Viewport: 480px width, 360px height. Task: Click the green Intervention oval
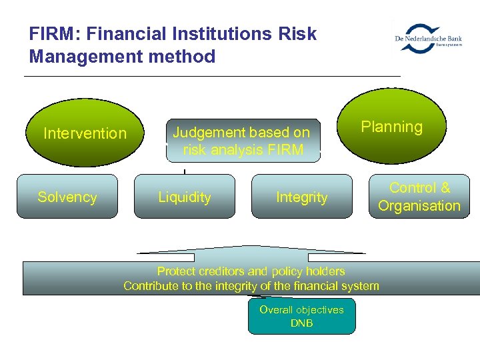(x=85, y=133)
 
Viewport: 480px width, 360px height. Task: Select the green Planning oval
(x=392, y=127)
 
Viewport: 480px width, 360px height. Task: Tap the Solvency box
(x=67, y=197)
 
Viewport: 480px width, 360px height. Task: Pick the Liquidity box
(x=185, y=197)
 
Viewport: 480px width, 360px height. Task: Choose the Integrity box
(x=302, y=197)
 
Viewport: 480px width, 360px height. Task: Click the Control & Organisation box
(x=419, y=197)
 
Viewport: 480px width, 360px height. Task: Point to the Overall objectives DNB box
(x=301, y=317)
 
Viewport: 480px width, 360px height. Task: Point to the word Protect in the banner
(x=176, y=271)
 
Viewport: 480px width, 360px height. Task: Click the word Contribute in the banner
(x=153, y=286)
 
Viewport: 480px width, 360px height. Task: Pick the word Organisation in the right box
(x=419, y=205)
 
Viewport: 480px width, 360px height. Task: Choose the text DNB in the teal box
(x=301, y=323)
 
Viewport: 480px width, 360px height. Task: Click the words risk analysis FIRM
(x=243, y=150)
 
